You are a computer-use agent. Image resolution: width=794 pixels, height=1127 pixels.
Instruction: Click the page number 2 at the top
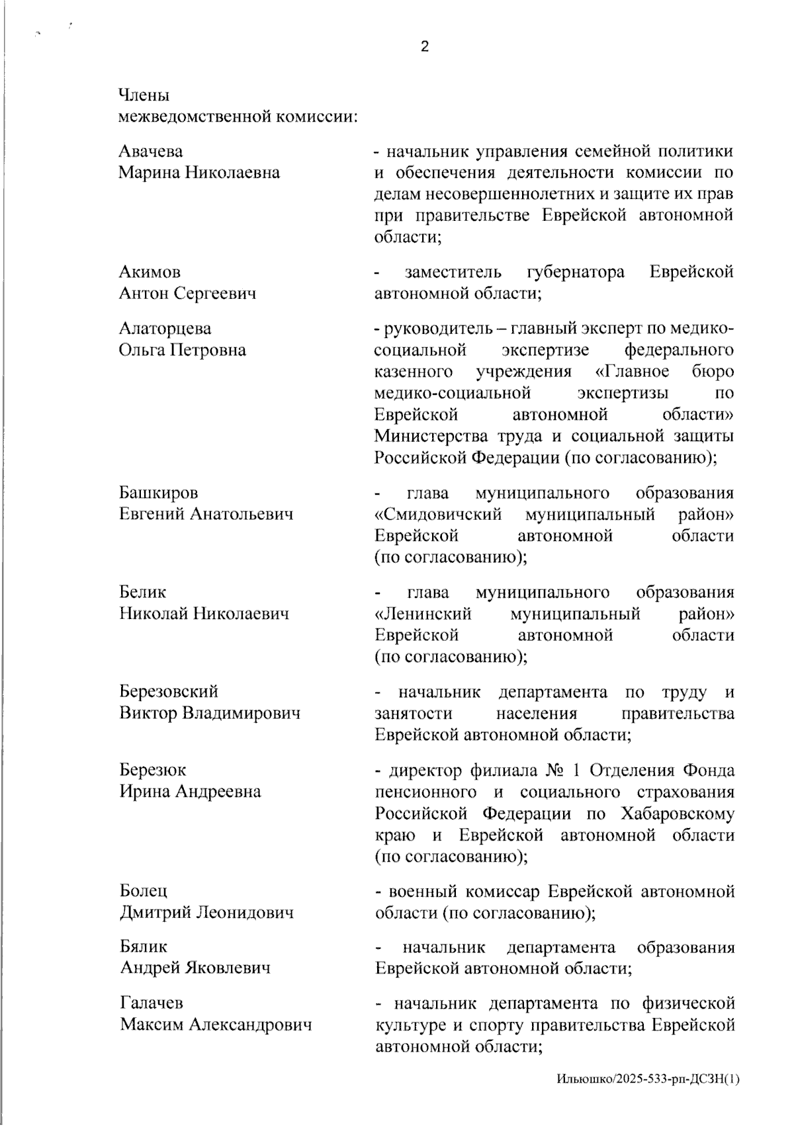pyautogui.click(x=424, y=46)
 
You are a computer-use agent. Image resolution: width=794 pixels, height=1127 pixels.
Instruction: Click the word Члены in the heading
pyautogui.click(x=144, y=95)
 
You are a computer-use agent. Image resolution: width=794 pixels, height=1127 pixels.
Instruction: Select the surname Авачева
pyautogui.click(x=151, y=151)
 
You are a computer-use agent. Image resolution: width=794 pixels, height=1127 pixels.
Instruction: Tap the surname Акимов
pyautogui.click(x=150, y=272)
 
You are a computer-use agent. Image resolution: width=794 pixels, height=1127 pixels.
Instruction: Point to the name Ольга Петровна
pyautogui.click(x=183, y=350)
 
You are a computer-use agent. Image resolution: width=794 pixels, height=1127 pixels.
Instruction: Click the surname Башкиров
pyautogui.click(x=159, y=493)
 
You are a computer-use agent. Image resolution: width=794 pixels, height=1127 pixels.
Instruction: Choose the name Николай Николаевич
pyautogui.click(x=204, y=614)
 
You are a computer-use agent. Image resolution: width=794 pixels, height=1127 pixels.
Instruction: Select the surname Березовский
pyautogui.click(x=169, y=691)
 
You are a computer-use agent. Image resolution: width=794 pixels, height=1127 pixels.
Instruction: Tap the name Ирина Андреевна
pyautogui.click(x=190, y=791)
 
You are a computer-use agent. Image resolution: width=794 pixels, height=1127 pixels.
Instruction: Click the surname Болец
pyautogui.click(x=144, y=891)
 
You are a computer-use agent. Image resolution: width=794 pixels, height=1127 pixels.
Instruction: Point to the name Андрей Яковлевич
pyautogui.click(x=195, y=968)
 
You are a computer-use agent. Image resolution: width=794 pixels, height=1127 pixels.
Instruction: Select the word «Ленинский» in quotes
pyautogui.click(x=423, y=614)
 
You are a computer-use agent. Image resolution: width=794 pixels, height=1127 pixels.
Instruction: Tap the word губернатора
pyautogui.click(x=576, y=272)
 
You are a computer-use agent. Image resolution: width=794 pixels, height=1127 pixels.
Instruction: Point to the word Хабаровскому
pyautogui.click(x=678, y=814)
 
